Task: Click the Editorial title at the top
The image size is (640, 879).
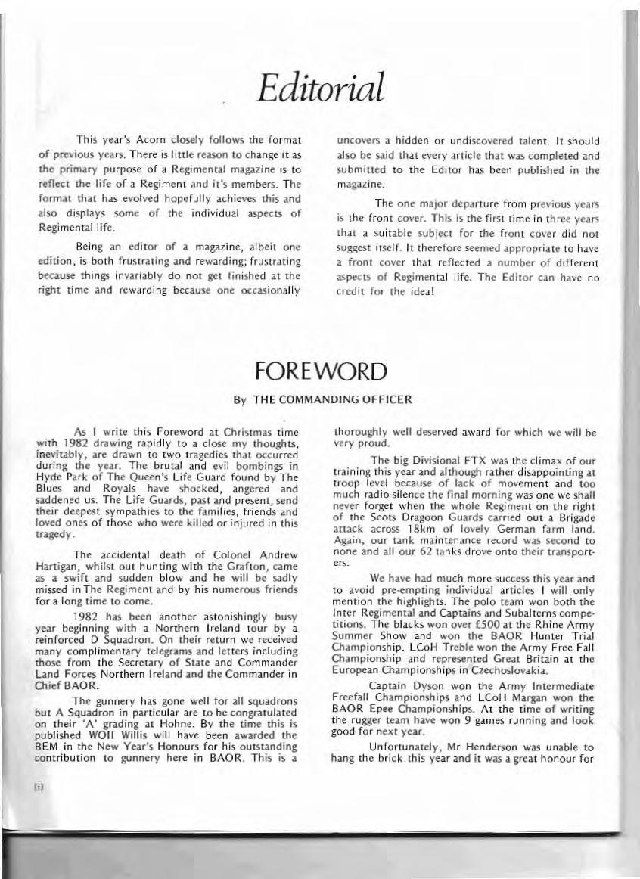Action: (x=322, y=89)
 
